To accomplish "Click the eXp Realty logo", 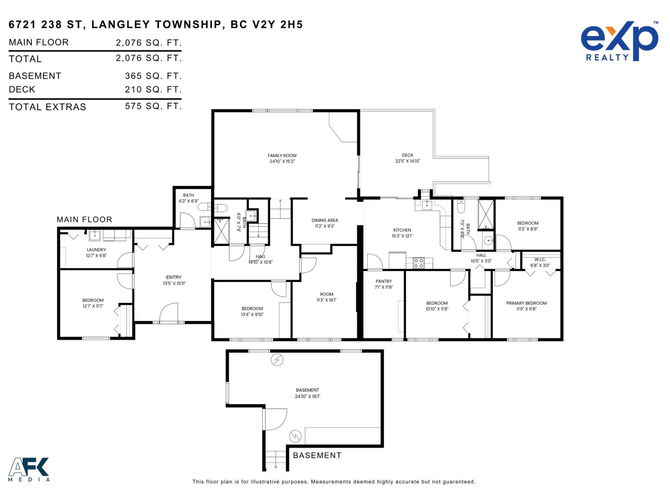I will click(x=619, y=42).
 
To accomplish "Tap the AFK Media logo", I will click(x=29, y=469).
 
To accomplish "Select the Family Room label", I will click(x=282, y=156).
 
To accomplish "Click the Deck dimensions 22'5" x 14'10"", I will click(x=407, y=161).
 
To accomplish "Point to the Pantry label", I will click(x=384, y=282).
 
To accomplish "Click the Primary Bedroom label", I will click(x=526, y=303).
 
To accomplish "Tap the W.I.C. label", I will click(x=540, y=260).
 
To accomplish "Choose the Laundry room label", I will click(x=96, y=250).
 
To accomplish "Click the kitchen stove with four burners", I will click(x=419, y=263).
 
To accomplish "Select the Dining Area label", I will click(x=325, y=220).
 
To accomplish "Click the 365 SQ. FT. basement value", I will click(x=153, y=76).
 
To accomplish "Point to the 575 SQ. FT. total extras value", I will click(x=153, y=106).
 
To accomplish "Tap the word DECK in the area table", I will click(x=22, y=90).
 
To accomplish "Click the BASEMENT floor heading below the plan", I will click(x=317, y=456).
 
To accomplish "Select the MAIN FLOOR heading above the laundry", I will click(x=84, y=220).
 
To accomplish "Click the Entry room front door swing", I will click(x=168, y=312).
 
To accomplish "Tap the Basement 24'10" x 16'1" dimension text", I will click(x=308, y=396).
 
